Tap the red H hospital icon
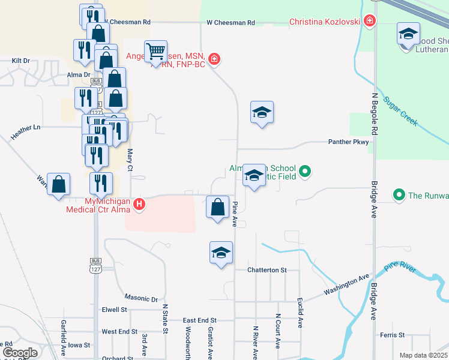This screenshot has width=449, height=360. (x=139, y=205)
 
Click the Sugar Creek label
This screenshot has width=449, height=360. (x=400, y=111)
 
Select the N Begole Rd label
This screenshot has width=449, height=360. (x=375, y=113)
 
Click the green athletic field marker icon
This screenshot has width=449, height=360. (x=305, y=172)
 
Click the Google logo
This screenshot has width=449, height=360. (x=20, y=353)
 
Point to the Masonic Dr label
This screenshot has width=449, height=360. (x=141, y=298)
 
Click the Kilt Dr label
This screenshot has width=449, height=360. (x=20, y=61)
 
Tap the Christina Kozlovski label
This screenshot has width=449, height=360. (x=324, y=22)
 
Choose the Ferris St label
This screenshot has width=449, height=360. (x=393, y=334)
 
